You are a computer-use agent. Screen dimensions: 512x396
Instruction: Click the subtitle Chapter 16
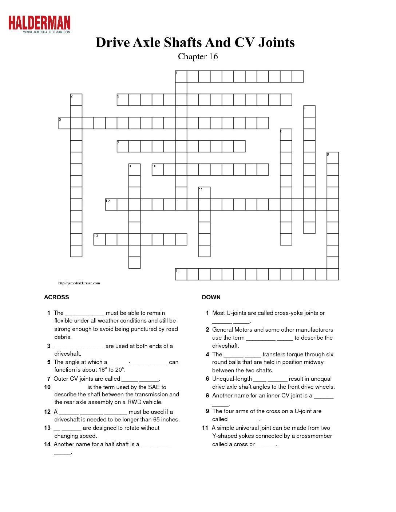click(x=198, y=56)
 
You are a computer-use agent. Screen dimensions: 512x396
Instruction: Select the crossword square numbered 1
click(x=181, y=77)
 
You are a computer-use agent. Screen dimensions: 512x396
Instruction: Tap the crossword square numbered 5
click(x=64, y=123)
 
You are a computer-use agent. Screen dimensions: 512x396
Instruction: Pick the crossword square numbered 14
click(x=181, y=275)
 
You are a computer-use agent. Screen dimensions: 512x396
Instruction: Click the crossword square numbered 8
click(x=333, y=158)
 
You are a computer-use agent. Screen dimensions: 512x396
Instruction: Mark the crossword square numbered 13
click(x=99, y=240)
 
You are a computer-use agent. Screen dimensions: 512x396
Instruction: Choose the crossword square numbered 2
click(x=76, y=100)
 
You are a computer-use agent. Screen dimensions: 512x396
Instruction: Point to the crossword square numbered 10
click(x=158, y=170)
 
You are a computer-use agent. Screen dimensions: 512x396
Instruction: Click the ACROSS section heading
click(x=56, y=297)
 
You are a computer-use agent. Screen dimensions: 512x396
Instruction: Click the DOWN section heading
click(x=211, y=297)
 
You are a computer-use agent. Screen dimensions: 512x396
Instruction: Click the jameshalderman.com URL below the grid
click(x=79, y=283)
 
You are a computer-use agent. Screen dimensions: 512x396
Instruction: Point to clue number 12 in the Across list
click(x=47, y=412)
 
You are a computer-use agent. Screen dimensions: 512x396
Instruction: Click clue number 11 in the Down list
click(x=205, y=428)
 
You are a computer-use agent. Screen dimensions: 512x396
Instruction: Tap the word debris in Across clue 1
click(x=63, y=337)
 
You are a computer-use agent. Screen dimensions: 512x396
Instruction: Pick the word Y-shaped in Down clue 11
click(x=224, y=436)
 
